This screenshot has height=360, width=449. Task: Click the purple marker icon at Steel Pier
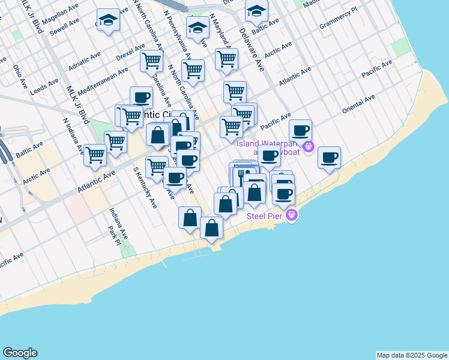[x=292, y=215]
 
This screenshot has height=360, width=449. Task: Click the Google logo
[x=20, y=353]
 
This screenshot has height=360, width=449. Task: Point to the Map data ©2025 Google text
[x=412, y=355]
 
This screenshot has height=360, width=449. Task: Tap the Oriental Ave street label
[x=358, y=104]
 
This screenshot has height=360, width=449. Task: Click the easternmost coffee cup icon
[x=329, y=158]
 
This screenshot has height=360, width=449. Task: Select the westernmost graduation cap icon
[x=108, y=20]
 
